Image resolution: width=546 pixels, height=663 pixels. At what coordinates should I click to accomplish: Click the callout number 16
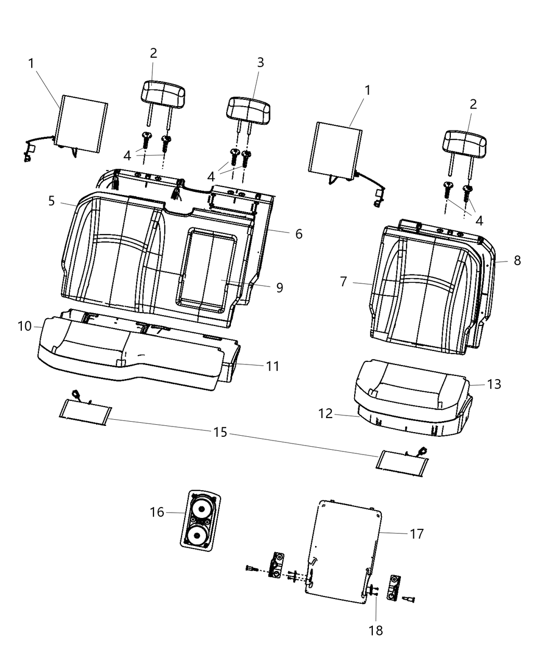(x=157, y=512)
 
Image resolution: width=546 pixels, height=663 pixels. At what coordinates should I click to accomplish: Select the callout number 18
(x=375, y=630)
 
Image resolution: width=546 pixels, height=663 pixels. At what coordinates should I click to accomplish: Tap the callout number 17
(x=417, y=534)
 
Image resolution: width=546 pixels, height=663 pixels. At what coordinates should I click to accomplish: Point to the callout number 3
(x=261, y=62)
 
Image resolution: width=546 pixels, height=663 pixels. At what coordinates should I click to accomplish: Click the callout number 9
(x=279, y=287)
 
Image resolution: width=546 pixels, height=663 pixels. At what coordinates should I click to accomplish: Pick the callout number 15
(x=220, y=432)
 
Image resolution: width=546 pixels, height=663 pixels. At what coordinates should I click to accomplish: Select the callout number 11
(x=272, y=366)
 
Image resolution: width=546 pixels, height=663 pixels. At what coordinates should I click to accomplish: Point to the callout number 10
(x=24, y=326)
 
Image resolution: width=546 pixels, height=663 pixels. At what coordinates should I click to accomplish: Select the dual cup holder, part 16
(x=200, y=518)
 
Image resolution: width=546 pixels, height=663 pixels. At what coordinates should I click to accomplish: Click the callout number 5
(x=51, y=201)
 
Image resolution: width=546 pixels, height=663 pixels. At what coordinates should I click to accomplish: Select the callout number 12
(x=326, y=413)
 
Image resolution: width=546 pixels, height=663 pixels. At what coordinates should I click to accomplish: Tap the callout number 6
(x=298, y=233)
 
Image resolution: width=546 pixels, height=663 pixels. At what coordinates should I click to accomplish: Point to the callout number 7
(x=343, y=282)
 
